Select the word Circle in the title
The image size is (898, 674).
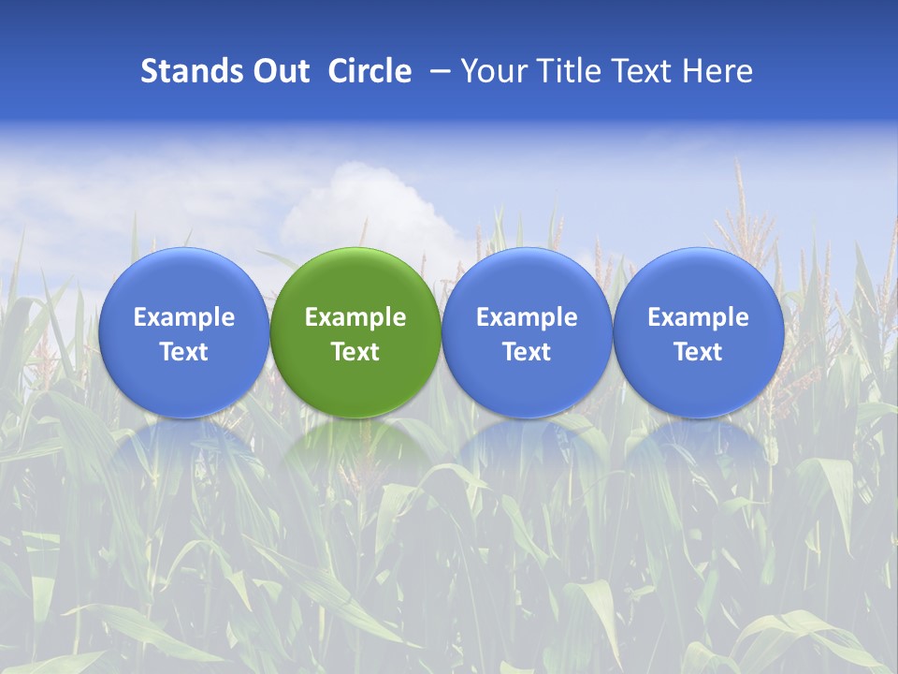(x=369, y=71)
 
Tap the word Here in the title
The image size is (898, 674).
(x=717, y=71)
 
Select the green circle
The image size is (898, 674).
(x=355, y=332)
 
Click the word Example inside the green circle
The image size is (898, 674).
(x=355, y=317)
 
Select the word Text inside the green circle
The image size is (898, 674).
(x=355, y=352)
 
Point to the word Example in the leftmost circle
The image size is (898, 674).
(x=184, y=317)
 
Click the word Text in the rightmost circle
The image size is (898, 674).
(x=698, y=352)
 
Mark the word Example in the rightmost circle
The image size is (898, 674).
(x=698, y=317)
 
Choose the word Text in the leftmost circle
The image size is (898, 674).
(x=184, y=352)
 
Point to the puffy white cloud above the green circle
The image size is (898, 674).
(x=369, y=206)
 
